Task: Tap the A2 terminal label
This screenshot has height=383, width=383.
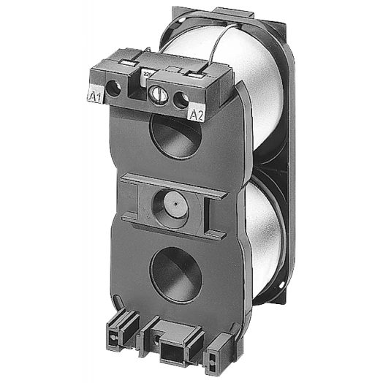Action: tap(195, 113)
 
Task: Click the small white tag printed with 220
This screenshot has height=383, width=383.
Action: tap(146, 73)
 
